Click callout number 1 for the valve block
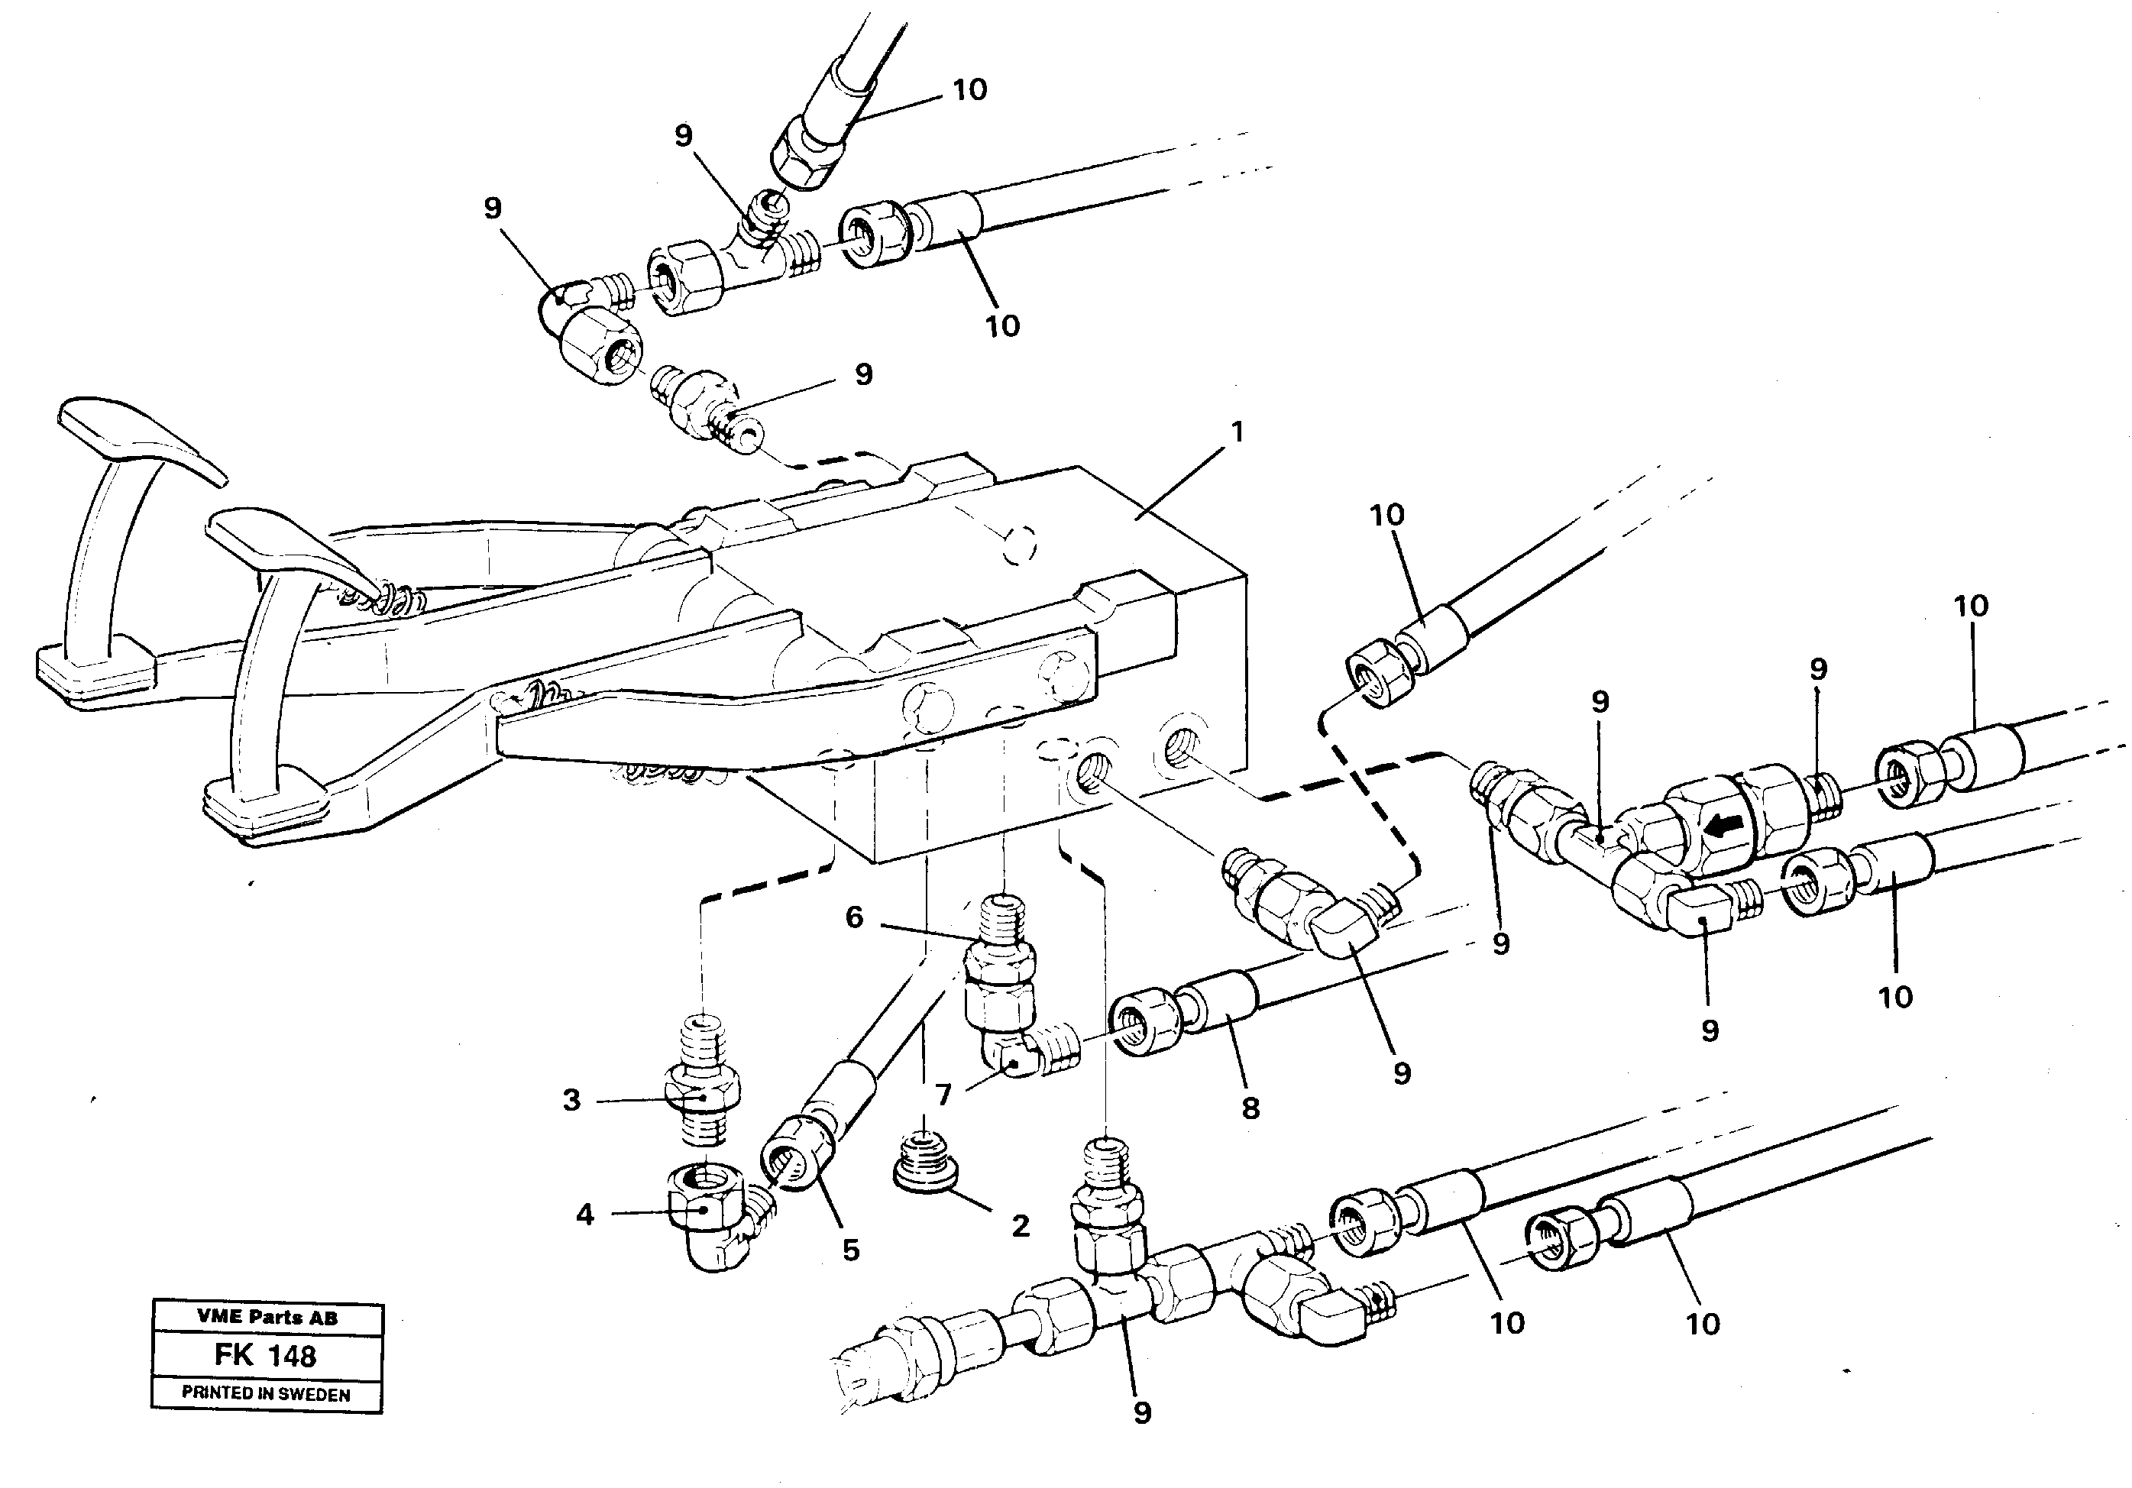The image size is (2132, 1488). click(x=1236, y=432)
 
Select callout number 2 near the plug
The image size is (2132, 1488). click(x=1021, y=1226)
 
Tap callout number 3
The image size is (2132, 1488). click(x=571, y=1100)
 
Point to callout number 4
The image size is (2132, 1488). click(x=584, y=1215)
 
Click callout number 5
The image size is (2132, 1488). click(x=850, y=1250)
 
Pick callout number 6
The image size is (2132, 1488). click(x=854, y=918)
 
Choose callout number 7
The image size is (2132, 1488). click(x=943, y=1095)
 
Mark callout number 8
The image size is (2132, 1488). click(x=1250, y=1108)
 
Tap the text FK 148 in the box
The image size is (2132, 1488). click(x=266, y=1356)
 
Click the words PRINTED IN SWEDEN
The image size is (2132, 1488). click(x=266, y=1393)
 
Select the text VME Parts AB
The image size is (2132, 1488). click(x=267, y=1317)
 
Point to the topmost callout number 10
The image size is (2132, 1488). click(x=969, y=90)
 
